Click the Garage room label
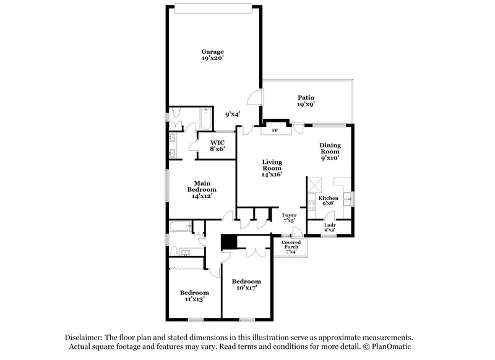[212, 51]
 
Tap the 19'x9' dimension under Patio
[306, 105]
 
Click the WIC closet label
[217, 142]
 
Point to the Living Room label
[272, 165]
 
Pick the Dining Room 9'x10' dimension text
[330, 158]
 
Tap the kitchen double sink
[348, 198]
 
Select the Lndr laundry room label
[330, 225]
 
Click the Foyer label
[289, 215]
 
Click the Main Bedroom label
[203, 187]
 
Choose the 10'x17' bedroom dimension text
[246, 288]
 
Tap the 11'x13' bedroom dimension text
[194, 299]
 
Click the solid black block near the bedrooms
[230, 242]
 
